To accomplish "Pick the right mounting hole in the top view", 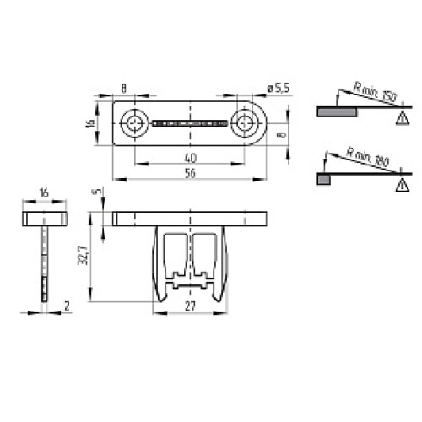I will (245, 124).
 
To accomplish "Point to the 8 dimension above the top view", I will (124, 87).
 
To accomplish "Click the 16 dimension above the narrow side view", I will (42, 194).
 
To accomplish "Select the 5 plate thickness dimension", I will (97, 192).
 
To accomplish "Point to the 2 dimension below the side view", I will (66, 306).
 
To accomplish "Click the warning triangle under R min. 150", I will (399, 118).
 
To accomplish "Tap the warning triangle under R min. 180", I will (399, 184).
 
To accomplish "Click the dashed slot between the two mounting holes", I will (190, 124).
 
